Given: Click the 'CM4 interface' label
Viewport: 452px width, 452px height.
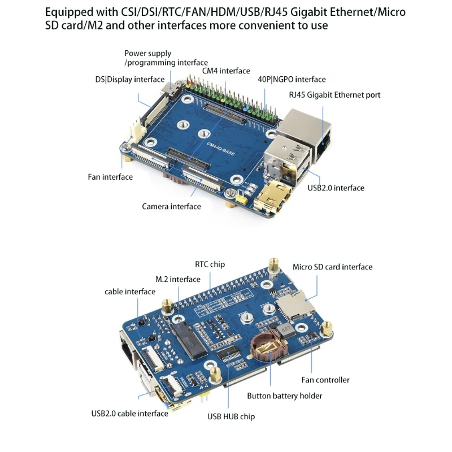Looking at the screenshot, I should [226, 71].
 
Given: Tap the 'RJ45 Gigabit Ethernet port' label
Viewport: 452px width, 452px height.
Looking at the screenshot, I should [334, 95].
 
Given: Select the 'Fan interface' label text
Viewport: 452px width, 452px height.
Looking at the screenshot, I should [110, 177].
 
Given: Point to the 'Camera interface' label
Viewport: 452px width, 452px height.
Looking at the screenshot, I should [171, 206].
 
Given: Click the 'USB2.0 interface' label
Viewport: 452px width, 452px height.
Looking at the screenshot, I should [336, 188].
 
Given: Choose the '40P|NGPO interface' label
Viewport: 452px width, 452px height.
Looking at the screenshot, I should [292, 80].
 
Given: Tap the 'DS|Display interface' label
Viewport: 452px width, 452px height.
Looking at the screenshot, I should [130, 80].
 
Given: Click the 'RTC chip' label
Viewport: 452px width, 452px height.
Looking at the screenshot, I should [210, 264].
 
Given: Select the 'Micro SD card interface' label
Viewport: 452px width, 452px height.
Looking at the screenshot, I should [332, 267].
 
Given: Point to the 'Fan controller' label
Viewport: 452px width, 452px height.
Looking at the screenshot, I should [325, 380].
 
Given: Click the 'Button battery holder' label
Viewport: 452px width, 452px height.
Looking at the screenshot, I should [284, 395].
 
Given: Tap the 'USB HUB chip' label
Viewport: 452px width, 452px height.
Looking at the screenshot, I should [231, 416].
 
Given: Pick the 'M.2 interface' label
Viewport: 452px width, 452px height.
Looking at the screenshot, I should [177, 279].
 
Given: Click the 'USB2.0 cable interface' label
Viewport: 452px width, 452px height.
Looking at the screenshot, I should [129, 413].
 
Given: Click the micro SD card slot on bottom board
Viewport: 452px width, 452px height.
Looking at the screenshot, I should [294, 308].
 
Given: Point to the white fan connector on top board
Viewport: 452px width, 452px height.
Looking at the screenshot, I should [134, 135].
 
